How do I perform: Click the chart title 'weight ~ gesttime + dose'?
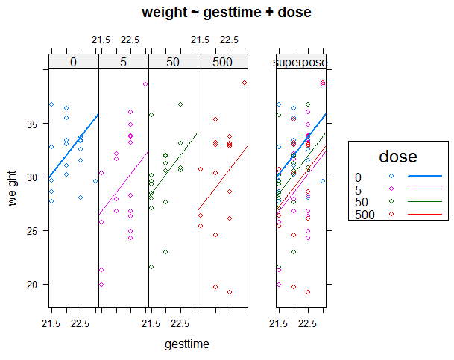click(226, 13)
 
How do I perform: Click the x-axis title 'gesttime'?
click(187, 344)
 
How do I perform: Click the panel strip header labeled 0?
click(73, 62)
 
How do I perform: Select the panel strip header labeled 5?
click(123, 62)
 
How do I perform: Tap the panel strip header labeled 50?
click(172, 62)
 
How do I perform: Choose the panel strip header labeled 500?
click(222, 62)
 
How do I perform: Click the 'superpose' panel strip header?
click(300, 62)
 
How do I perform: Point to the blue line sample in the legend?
click(425, 177)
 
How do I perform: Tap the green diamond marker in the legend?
click(392, 203)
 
